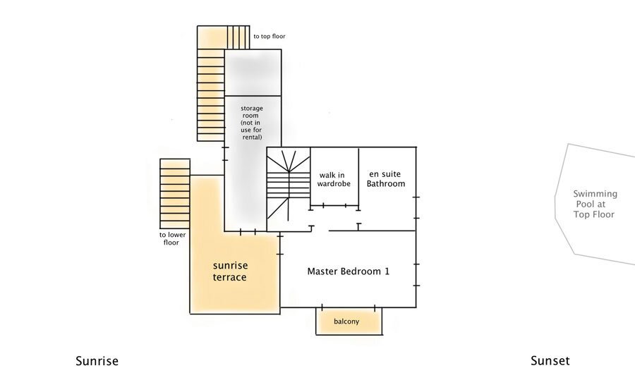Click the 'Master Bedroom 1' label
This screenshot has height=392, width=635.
(x=349, y=271)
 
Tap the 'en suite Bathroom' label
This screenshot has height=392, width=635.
(x=385, y=179)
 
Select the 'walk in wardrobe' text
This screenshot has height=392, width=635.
(x=334, y=179)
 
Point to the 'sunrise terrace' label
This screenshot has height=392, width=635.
(x=229, y=271)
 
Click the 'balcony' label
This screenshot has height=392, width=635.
(x=346, y=321)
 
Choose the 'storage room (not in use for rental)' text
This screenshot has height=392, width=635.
(x=251, y=123)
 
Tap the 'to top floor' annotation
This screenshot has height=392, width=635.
(x=270, y=37)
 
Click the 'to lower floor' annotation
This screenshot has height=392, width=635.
(x=172, y=239)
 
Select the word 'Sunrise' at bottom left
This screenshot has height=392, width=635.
(x=97, y=361)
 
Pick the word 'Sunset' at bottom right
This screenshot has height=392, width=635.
(x=550, y=361)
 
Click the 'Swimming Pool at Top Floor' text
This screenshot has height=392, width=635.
(x=594, y=204)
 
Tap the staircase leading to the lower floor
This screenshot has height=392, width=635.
(x=175, y=194)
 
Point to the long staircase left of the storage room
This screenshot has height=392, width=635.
(x=210, y=95)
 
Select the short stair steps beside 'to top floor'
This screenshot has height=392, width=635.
(x=238, y=37)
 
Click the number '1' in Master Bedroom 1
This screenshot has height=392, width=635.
(x=387, y=271)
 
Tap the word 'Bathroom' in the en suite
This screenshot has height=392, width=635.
(x=386, y=183)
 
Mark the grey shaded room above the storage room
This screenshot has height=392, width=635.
(x=253, y=73)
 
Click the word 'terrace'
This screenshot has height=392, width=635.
(x=229, y=278)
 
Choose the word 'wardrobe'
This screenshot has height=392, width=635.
(x=334, y=183)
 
